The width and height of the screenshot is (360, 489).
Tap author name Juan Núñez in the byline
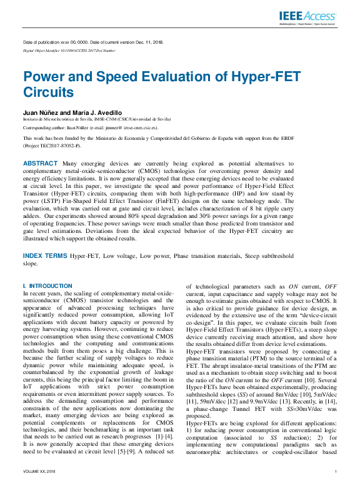tap(40, 111)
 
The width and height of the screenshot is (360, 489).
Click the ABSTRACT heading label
tap(41, 162)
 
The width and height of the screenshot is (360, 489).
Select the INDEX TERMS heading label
tap(44, 256)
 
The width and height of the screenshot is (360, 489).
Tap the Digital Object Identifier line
tap(69, 49)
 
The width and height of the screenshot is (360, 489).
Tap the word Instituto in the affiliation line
tap(32, 118)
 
